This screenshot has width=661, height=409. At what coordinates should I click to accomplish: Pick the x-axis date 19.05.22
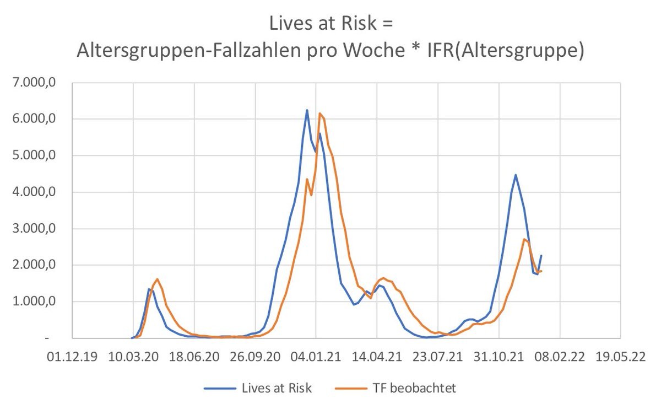pos(621,356)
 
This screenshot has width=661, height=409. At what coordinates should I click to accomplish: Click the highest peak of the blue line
pos(307,110)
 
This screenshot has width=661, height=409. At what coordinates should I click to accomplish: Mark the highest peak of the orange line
pos(319,114)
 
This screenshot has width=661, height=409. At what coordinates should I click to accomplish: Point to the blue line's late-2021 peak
pos(516,175)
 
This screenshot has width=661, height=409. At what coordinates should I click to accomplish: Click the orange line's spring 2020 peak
pos(158,279)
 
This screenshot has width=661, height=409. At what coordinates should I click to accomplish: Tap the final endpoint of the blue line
pos(541,255)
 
